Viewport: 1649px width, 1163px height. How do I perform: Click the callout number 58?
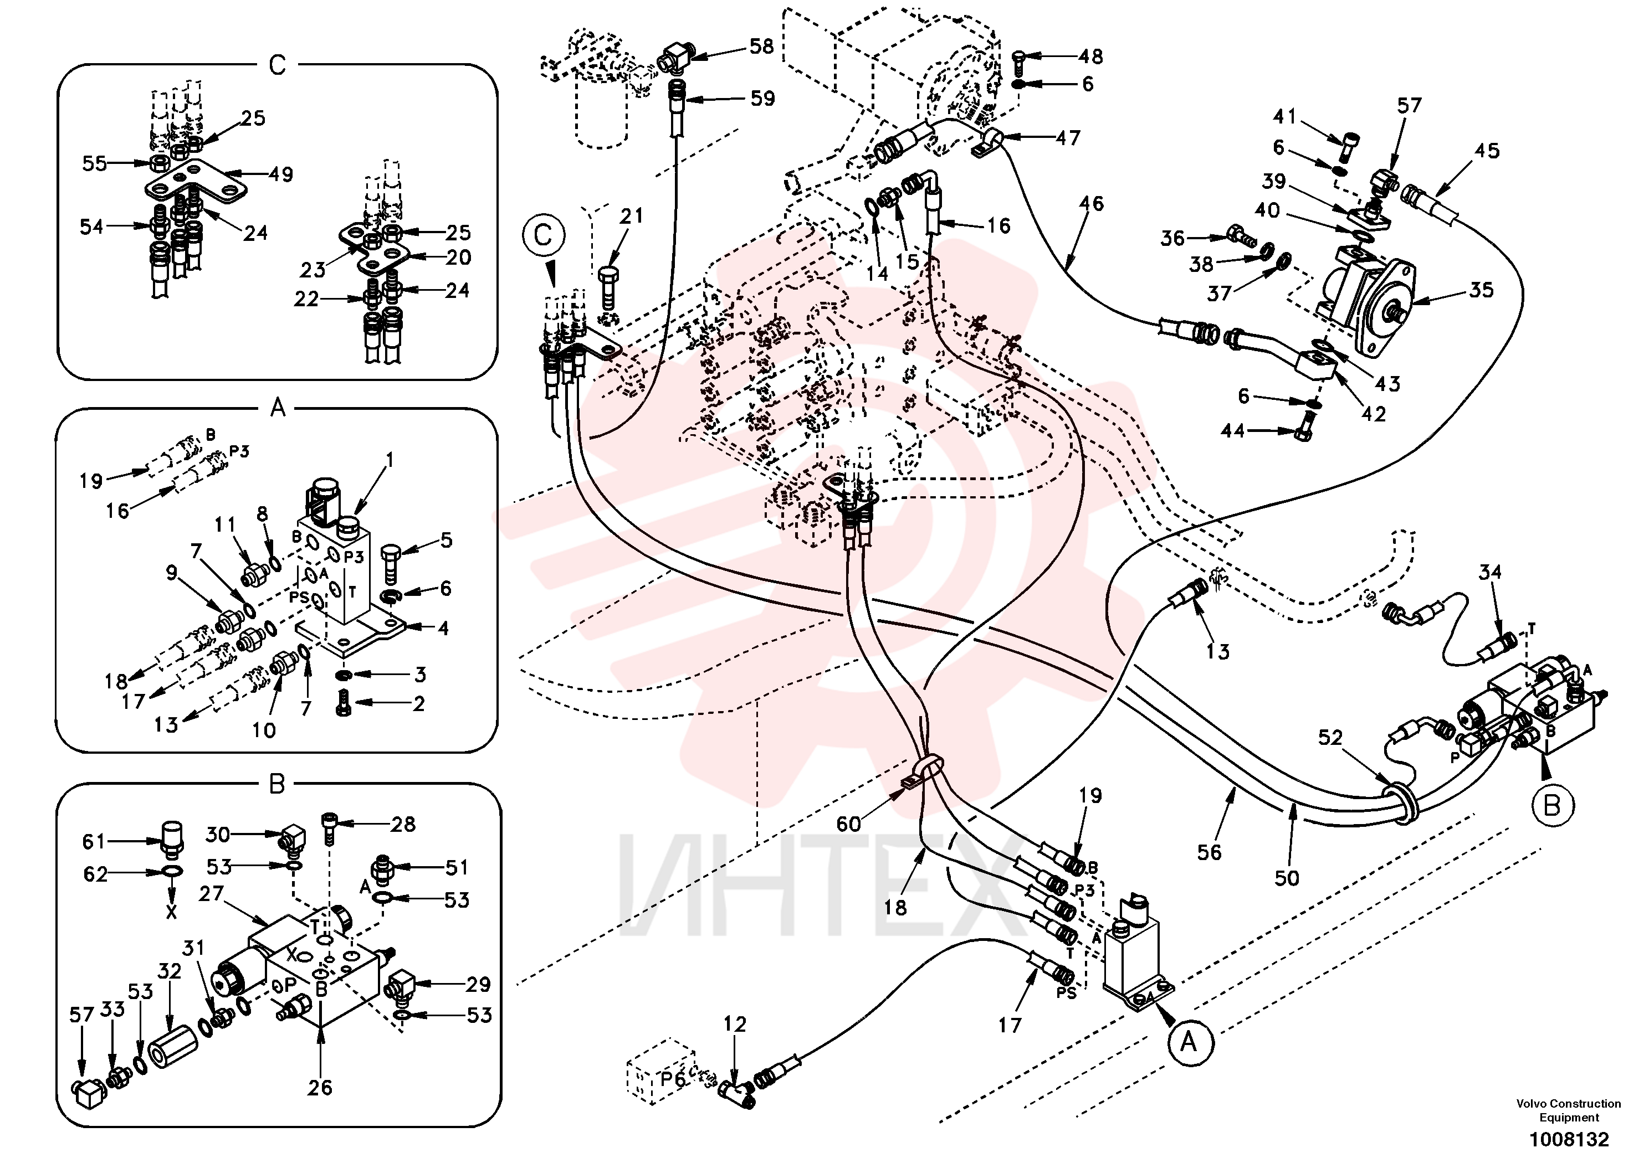(x=761, y=47)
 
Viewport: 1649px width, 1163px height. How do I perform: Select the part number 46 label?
(x=1091, y=204)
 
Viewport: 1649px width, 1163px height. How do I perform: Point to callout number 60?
(x=848, y=824)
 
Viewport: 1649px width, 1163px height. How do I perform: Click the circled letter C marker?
(x=543, y=235)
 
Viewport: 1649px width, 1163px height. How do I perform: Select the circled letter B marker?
(x=1551, y=806)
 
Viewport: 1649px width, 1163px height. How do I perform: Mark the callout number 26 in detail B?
(x=320, y=1088)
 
